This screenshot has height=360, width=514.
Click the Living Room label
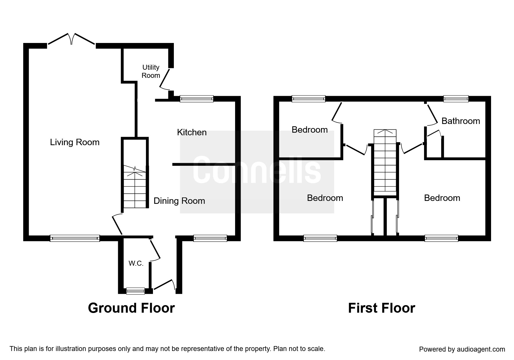coord(75,142)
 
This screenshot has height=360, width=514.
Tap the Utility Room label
coord(151,71)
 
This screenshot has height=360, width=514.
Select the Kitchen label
coord(192,132)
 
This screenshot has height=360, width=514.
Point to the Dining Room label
coord(179,201)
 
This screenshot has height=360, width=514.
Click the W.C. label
coord(136,264)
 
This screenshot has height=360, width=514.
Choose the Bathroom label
coord(461,121)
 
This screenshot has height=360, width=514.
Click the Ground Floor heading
coord(131,308)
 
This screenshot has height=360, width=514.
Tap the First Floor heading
coord(381,308)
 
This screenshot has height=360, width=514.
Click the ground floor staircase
coord(135,187)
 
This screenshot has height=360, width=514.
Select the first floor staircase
coord(385,163)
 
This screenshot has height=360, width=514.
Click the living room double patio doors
coord(71,39)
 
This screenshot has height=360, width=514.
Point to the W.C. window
coord(136,291)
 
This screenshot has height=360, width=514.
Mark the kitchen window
coord(196,99)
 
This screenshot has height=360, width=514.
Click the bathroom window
coord(456,99)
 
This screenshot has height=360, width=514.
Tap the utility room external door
coord(165,79)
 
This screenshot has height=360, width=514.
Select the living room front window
coord(75,238)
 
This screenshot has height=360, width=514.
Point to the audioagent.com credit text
coord(462,349)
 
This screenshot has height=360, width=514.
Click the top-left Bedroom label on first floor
coord(310,130)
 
